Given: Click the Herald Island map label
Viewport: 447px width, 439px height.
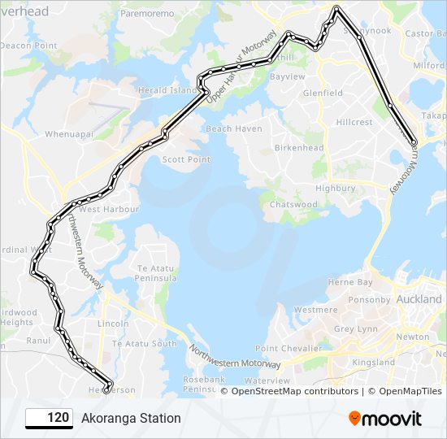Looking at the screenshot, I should click(x=167, y=90).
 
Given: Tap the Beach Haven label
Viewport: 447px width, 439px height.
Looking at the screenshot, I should click(x=234, y=128).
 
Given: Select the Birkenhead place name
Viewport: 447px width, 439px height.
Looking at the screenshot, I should click(x=299, y=148).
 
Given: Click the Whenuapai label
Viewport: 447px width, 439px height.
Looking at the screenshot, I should click(x=69, y=133).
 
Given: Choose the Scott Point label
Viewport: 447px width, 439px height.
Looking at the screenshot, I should click(x=186, y=159).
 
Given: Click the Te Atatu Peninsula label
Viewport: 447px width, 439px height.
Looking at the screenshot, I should click(x=157, y=273).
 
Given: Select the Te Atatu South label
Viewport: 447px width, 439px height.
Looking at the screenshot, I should click(x=144, y=344).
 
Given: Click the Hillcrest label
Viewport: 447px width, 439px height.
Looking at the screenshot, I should click(x=354, y=122).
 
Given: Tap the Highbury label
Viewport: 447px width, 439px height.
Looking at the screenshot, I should click(x=336, y=188).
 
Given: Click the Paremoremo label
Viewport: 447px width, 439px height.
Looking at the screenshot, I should click(x=148, y=14).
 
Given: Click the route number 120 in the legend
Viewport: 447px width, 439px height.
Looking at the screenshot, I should click(x=57, y=418).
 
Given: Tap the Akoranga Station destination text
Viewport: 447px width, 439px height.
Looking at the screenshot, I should click(x=131, y=418).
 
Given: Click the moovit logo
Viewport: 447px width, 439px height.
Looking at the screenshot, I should click(x=385, y=418).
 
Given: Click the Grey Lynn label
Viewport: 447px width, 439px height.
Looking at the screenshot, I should click(x=356, y=329).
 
